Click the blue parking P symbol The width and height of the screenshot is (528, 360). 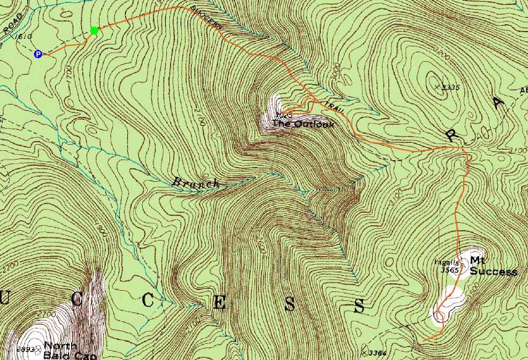click(38, 54)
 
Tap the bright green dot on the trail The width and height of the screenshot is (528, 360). click(94, 30)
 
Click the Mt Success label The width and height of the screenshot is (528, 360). click(493, 266)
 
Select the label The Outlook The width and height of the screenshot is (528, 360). click(303, 124)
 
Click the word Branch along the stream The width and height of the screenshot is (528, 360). click(195, 182)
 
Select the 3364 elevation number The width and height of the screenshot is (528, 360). click(378, 353)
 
